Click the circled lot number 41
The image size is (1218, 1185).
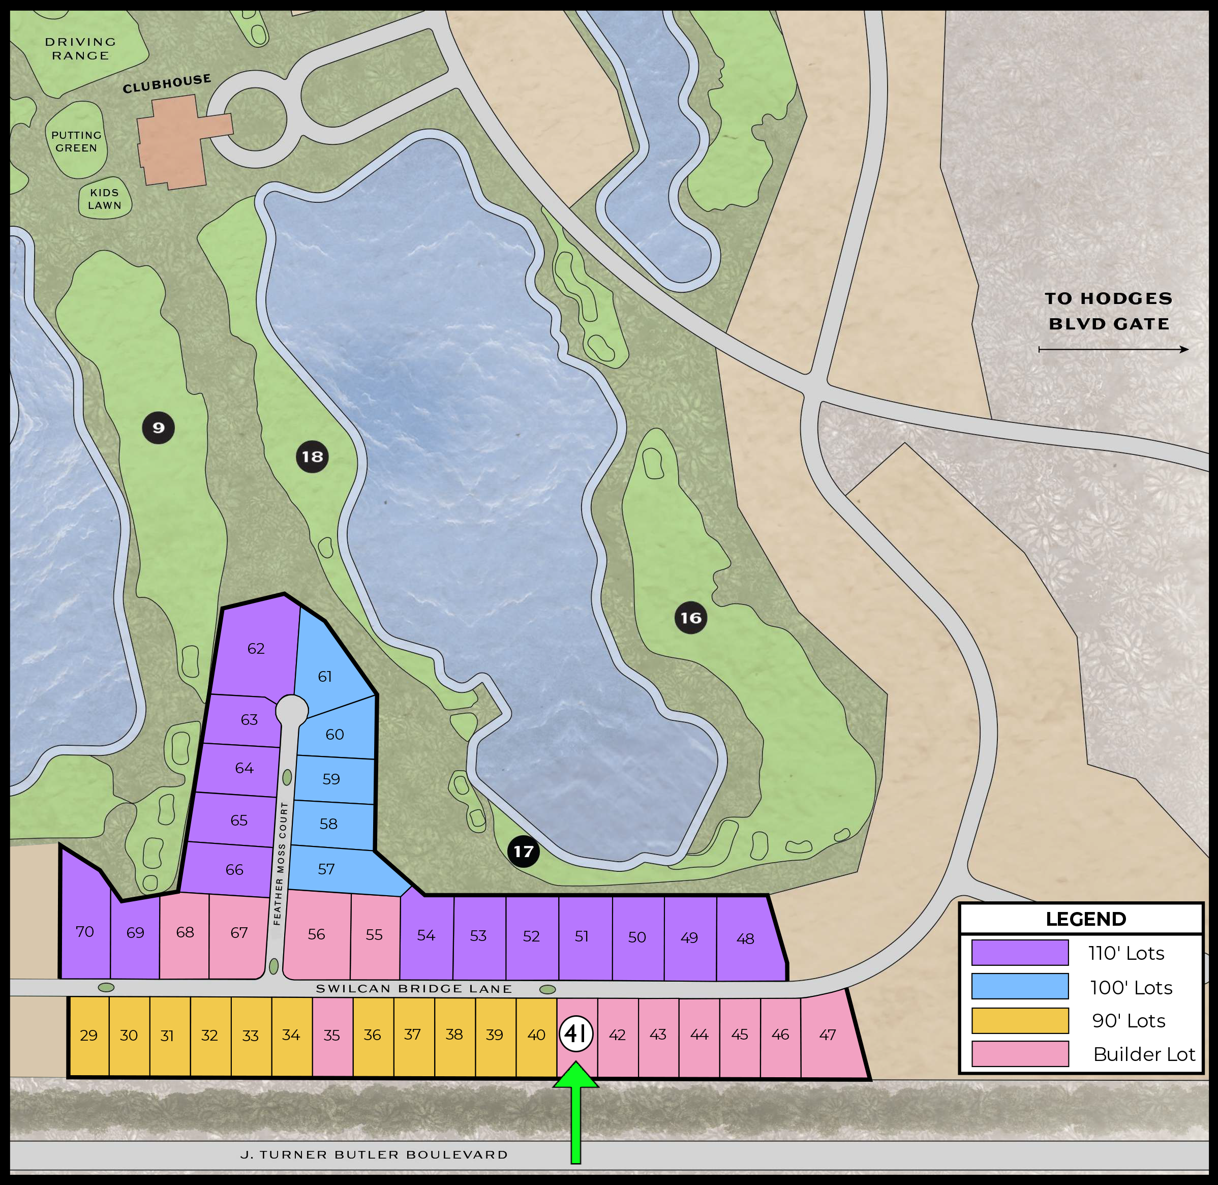click(575, 1034)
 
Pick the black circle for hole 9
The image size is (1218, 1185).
click(159, 428)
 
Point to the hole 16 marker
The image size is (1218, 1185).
click(691, 617)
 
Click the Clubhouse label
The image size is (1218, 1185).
click(167, 83)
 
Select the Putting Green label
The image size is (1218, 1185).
click(76, 141)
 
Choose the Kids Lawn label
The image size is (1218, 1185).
click(105, 199)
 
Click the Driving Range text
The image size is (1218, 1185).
click(81, 48)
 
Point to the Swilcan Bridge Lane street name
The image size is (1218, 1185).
click(413, 988)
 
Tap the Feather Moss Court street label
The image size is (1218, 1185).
click(280, 864)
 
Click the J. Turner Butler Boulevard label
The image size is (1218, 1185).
click(374, 1154)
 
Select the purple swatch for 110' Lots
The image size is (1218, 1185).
click(1019, 953)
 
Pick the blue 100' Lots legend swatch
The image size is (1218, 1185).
click(1019, 986)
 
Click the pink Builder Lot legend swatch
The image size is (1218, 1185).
click(1019, 1054)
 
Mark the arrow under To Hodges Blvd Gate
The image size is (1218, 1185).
click(1113, 350)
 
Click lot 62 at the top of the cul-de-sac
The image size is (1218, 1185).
click(256, 649)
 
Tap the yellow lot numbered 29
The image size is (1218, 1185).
click(88, 1036)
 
